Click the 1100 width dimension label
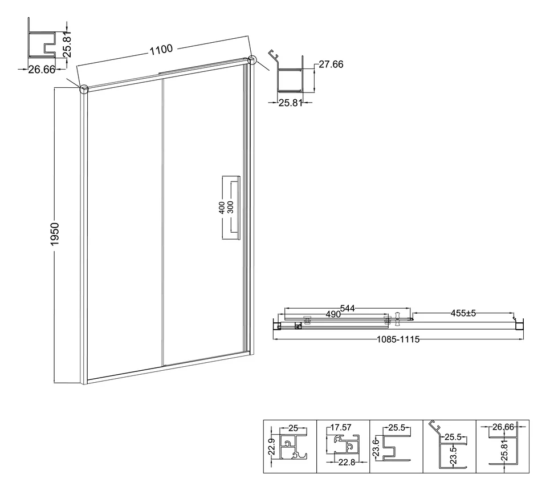click(161, 49)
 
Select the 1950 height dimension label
click(55, 234)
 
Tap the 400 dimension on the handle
click(222, 208)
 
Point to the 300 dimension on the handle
click(230, 208)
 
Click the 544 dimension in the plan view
click(347, 309)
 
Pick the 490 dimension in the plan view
click(333, 314)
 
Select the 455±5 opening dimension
click(463, 313)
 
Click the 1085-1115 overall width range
click(398, 339)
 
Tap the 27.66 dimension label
click(331, 64)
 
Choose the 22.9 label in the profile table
click(272, 447)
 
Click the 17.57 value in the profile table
click(341, 427)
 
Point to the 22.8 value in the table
click(347, 462)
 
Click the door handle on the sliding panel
click(231, 208)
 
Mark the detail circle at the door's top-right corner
click(252, 60)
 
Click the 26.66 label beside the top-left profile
click(42, 70)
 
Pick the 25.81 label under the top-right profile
click(291, 103)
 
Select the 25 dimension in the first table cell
click(293, 428)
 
